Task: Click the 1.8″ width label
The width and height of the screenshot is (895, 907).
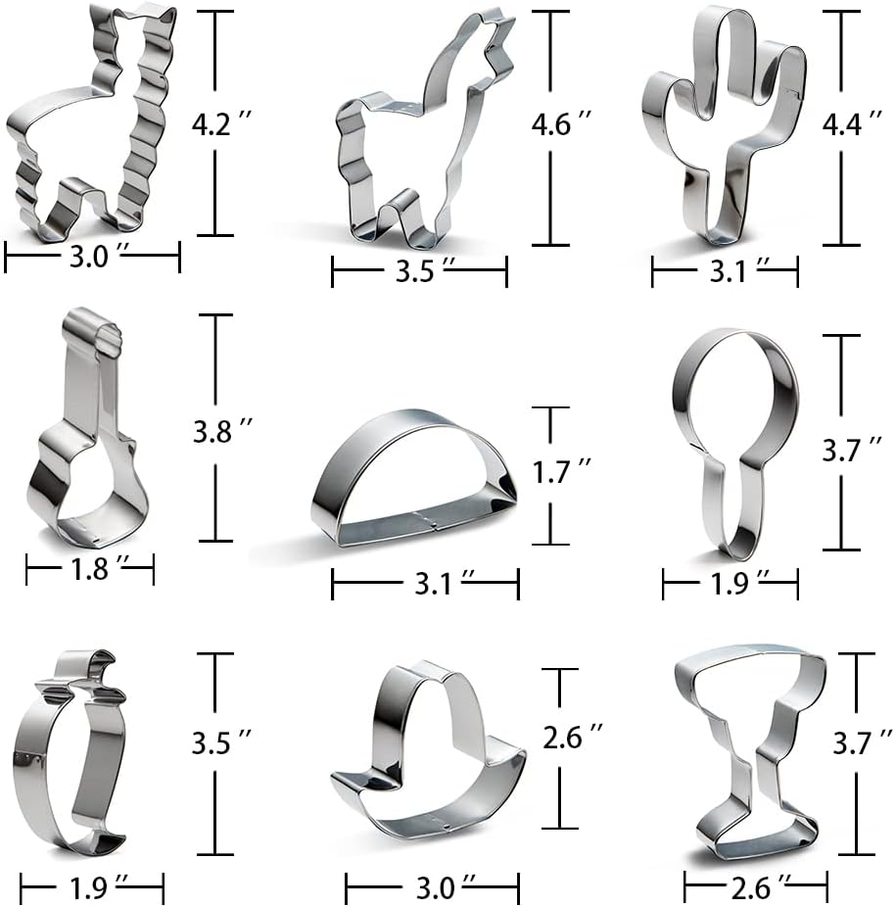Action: coord(90,569)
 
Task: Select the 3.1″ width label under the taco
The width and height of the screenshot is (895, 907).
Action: coord(424,586)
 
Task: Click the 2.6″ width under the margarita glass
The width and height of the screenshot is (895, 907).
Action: coord(756,888)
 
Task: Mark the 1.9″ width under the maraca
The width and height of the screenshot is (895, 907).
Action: coord(730,585)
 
